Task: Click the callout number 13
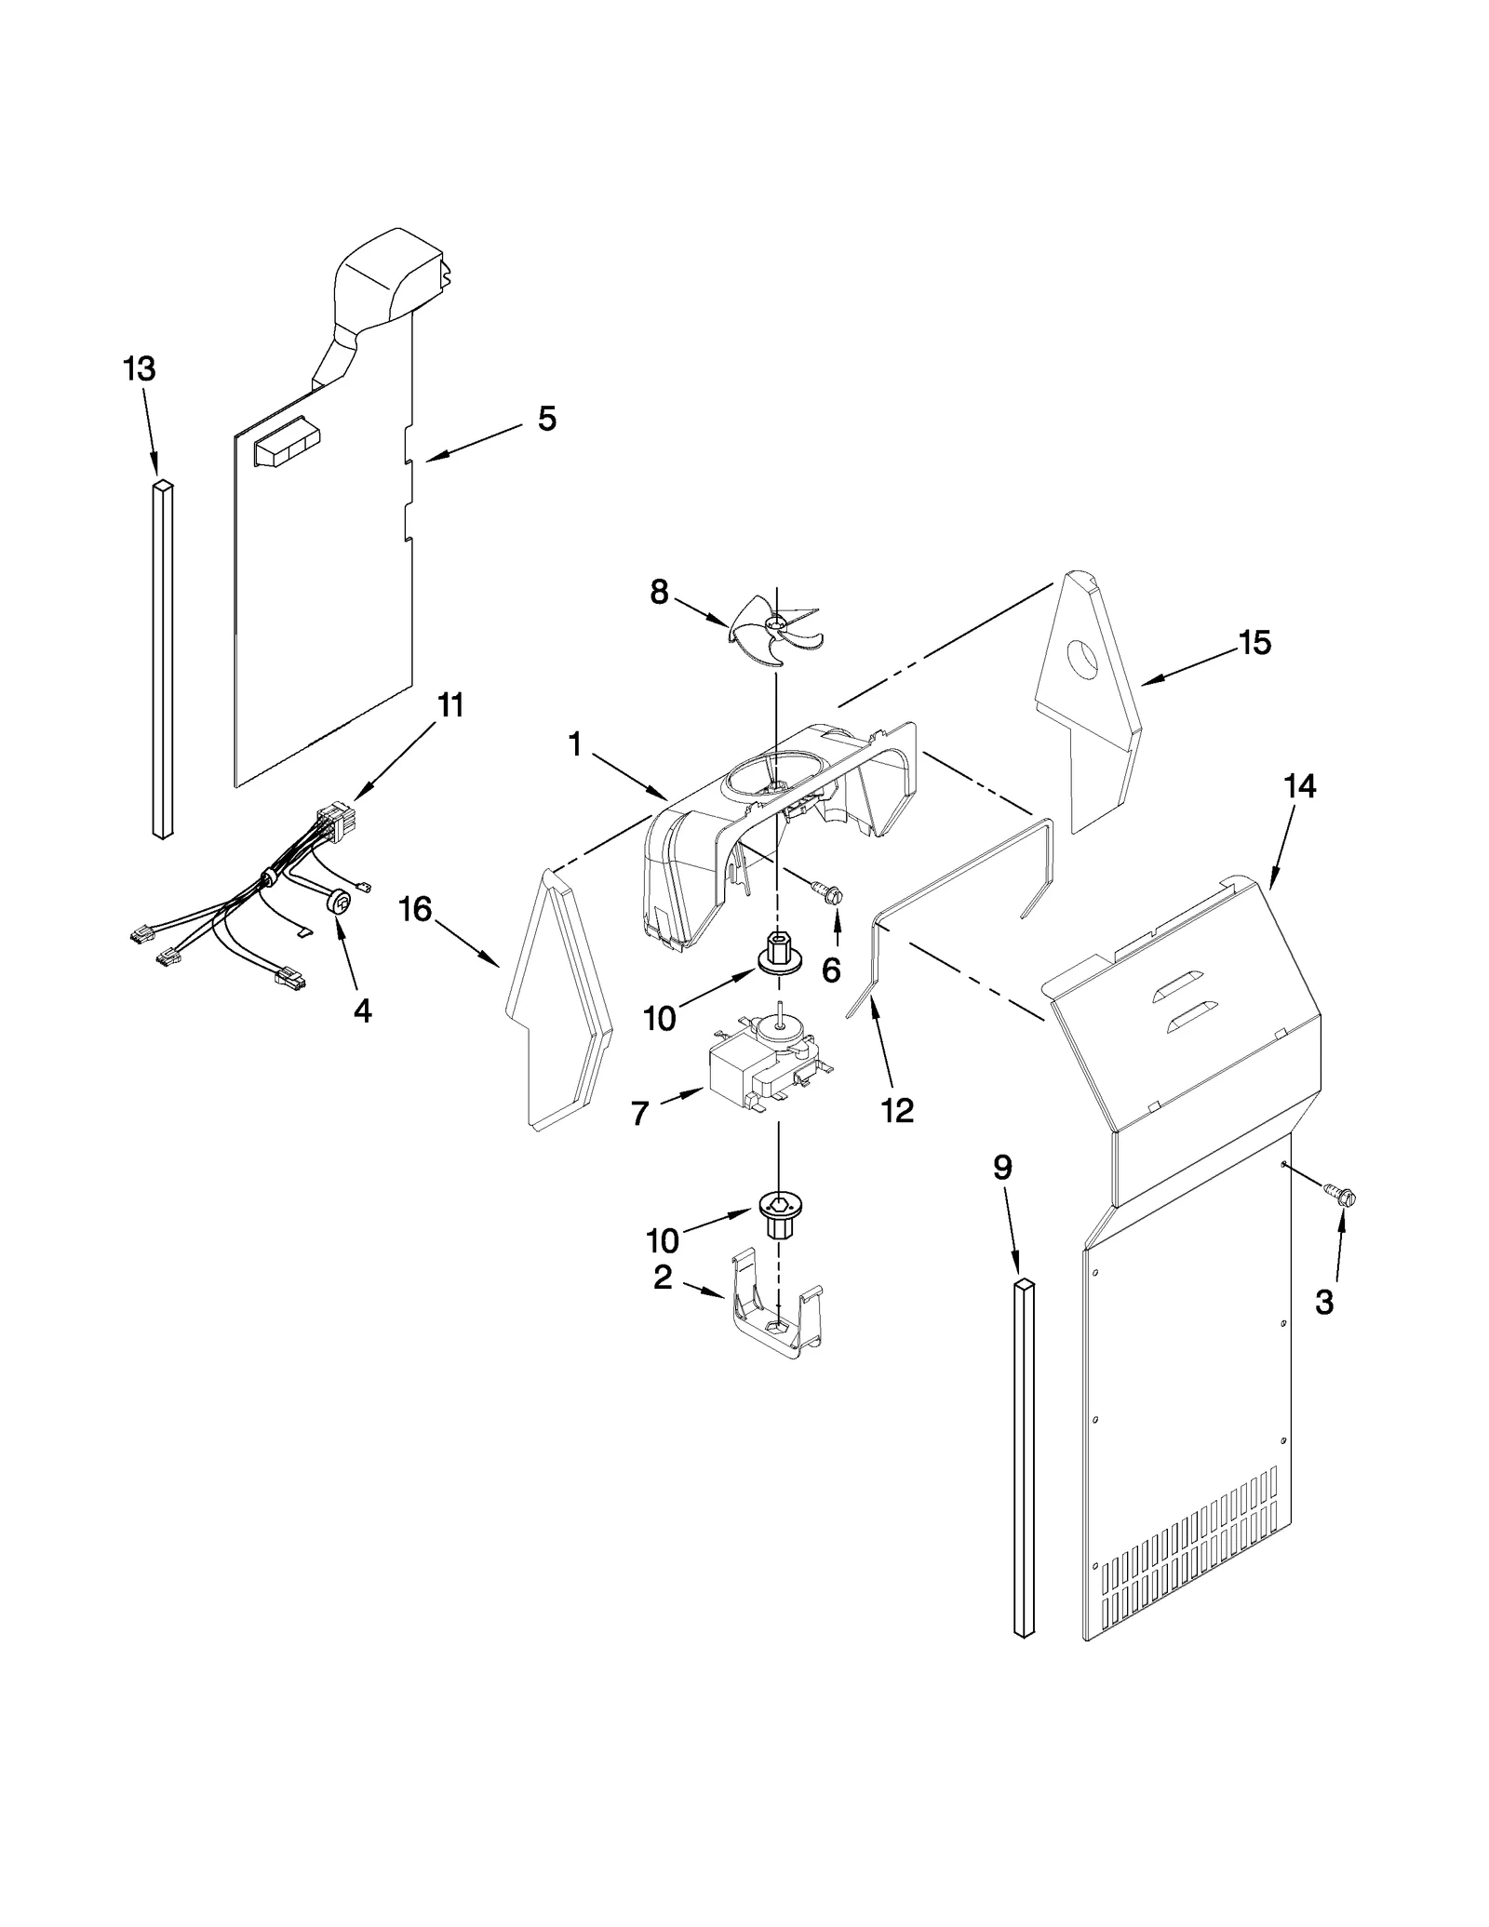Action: point(140,369)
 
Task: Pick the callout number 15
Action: point(1255,642)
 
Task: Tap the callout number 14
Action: point(1299,786)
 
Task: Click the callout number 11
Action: point(450,705)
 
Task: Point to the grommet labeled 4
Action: point(342,901)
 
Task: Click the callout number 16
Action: point(415,909)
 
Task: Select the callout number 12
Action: point(897,1110)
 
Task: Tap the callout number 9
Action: point(1001,1168)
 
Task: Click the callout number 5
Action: point(547,419)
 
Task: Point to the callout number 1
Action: point(575,744)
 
